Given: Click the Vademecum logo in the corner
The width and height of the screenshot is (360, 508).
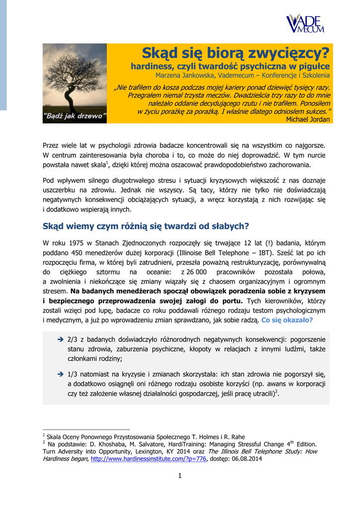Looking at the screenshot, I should tap(305, 23).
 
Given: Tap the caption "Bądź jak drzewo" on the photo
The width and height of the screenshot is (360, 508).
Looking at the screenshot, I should tap(75, 117).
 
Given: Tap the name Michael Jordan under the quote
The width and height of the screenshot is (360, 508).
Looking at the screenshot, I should tap(308, 120).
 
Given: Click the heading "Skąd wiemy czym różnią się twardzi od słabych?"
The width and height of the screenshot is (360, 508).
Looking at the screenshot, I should tap(145, 226).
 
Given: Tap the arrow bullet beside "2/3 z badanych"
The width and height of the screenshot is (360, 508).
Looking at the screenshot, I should tap(60, 340).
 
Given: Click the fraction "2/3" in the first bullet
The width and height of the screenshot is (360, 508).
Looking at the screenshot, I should tap(72, 340).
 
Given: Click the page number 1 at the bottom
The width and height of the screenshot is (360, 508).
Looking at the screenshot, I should tap(180, 477).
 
